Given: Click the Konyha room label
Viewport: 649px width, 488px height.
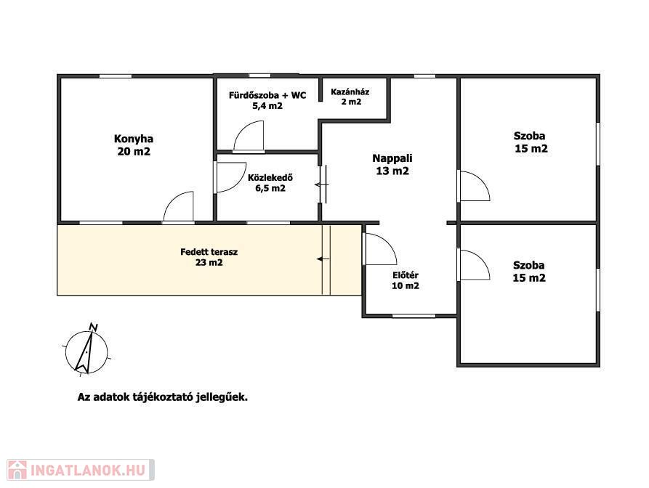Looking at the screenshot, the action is coord(133,145).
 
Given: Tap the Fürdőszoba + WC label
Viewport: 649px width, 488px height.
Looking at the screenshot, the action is coord(267,100).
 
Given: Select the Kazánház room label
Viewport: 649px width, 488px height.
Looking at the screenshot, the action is coord(350,97).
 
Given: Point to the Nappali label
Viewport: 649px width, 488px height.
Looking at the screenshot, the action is coord(392,165).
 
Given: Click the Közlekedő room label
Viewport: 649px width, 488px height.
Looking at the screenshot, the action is coord(270,183).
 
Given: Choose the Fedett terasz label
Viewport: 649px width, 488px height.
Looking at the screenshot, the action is coord(209,257).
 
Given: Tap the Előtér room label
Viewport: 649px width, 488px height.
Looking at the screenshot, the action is coord(406,280).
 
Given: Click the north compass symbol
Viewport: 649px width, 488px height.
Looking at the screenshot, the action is coord(86,351).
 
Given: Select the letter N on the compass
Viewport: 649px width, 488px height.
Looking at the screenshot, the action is coord(94,327).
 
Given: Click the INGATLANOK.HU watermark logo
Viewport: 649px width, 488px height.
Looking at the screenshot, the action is coord(81,470).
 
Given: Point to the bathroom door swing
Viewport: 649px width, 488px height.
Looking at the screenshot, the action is coord(249,136).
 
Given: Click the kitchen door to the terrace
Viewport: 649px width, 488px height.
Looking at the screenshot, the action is coord(179,206).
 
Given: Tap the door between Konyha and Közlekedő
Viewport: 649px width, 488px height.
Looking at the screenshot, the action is coord(230,177).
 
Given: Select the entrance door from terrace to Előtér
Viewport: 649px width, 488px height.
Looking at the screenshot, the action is coord(380,249).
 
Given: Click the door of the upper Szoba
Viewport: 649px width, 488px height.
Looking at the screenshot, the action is coord(475,186).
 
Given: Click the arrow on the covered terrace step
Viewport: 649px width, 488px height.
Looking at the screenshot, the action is coord(323,259).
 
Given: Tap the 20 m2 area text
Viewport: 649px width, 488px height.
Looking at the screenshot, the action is coord(134,152).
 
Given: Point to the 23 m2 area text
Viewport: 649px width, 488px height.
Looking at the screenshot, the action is coord(209,263).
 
